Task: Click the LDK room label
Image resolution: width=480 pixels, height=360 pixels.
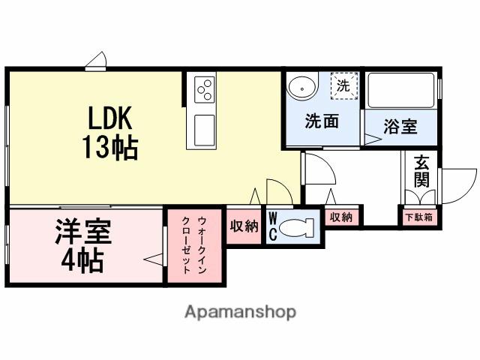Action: point(110,118)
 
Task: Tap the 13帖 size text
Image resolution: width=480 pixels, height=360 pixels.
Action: point(110,147)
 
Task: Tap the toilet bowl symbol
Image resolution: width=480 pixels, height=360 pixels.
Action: point(299,227)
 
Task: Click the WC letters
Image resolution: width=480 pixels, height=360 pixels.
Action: point(273,227)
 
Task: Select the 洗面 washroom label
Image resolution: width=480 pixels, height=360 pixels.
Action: point(321,121)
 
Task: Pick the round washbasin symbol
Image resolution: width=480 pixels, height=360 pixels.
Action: point(301,88)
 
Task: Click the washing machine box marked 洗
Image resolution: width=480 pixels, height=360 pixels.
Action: point(344,85)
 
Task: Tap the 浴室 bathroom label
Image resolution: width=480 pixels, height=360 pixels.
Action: point(401,127)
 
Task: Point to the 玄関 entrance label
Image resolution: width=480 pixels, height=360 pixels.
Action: point(421,172)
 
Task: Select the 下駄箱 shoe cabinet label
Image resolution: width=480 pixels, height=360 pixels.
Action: point(418,217)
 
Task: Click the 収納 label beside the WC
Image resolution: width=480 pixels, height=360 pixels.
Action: point(244,226)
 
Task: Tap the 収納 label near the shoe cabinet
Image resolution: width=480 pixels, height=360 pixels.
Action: point(340,217)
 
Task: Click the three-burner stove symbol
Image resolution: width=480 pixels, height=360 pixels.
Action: point(205,91)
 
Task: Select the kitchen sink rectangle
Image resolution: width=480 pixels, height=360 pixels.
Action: point(205,131)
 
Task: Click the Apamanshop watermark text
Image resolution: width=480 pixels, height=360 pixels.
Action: point(240,311)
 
